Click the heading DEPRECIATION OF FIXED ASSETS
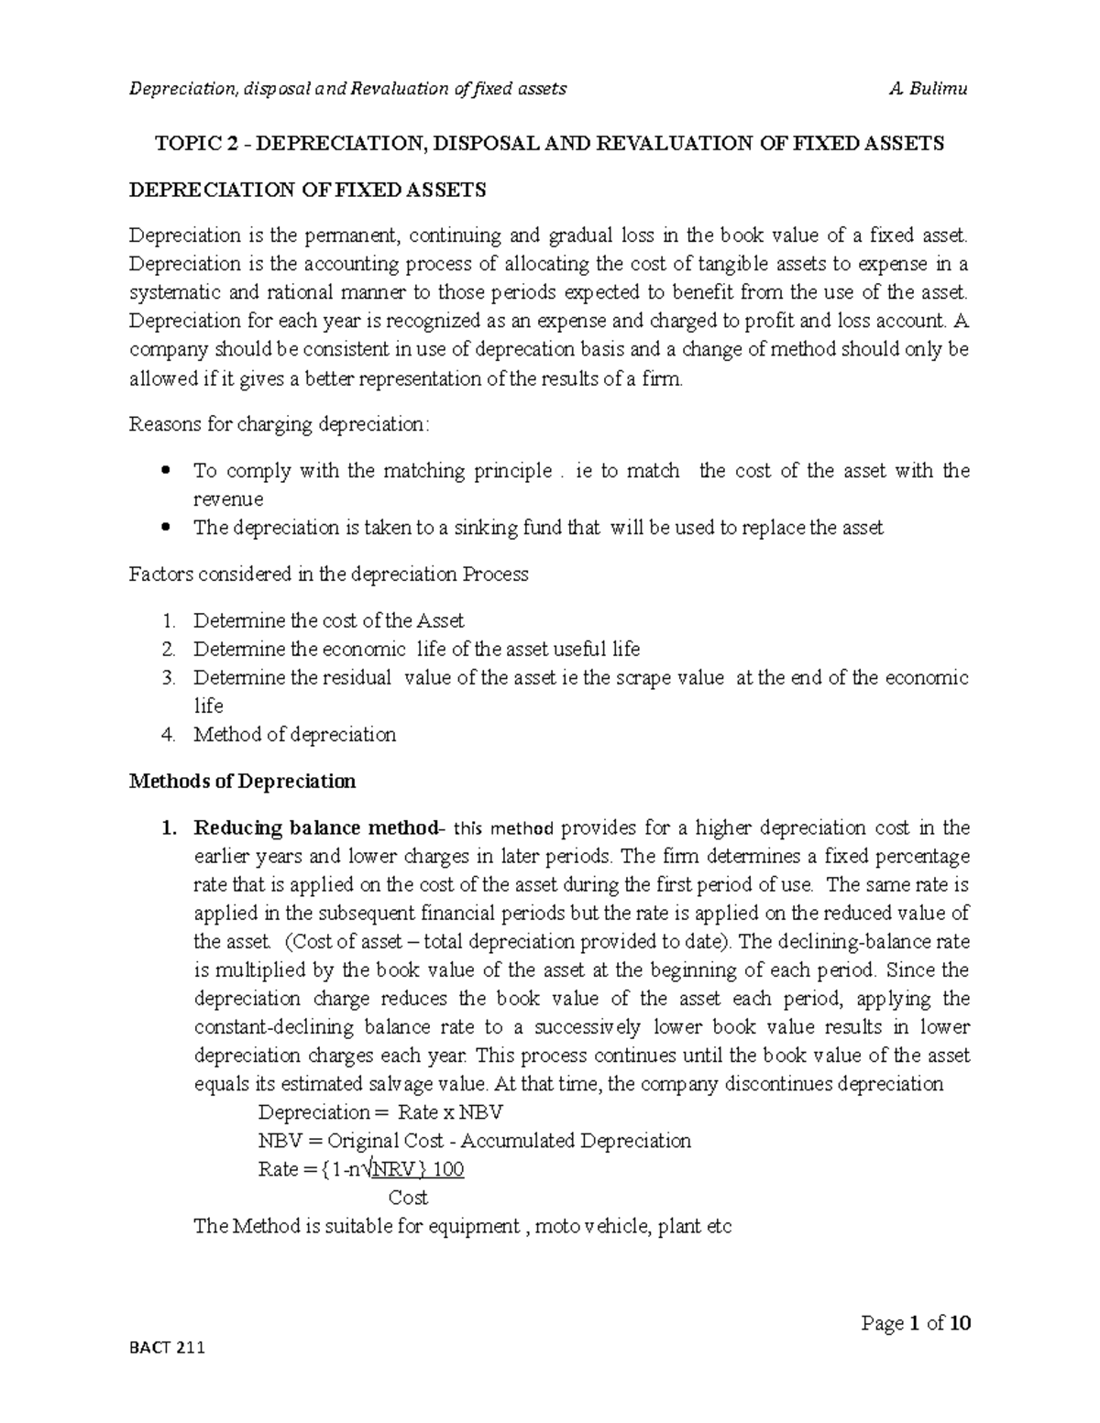click(x=308, y=190)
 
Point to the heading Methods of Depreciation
click(x=242, y=782)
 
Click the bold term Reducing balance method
click(x=315, y=828)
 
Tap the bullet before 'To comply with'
click(x=166, y=471)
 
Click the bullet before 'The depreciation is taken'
click(x=166, y=528)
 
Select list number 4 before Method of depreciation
click(x=167, y=735)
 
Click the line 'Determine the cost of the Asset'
click(x=328, y=620)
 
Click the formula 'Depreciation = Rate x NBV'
click(x=380, y=1112)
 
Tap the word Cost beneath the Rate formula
click(x=408, y=1198)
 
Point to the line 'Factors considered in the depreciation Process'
click(x=329, y=575)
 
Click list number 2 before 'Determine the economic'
click(x=167, y=650)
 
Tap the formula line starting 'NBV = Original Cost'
click(x=474, y=1141)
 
